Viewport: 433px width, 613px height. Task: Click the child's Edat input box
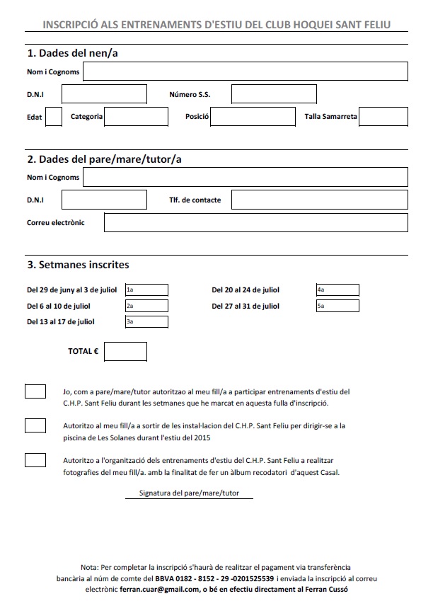(53, 116)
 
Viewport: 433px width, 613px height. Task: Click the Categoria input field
(136, 116)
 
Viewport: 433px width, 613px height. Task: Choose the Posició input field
(253, 116)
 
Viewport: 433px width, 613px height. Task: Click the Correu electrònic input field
(256, 222)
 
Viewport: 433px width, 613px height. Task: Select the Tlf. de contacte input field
(320, 200)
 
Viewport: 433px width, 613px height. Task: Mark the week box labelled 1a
(146, 290)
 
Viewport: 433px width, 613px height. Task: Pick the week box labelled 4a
(337, 290)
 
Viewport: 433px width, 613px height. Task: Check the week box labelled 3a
(146, 322)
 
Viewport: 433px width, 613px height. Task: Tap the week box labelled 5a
(337, 306)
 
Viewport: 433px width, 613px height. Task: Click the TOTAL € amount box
(125, 351)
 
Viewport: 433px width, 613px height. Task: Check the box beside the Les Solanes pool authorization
(35, 425)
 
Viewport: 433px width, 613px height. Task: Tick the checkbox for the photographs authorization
(35, 460)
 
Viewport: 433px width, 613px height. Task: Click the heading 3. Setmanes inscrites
(78, 265)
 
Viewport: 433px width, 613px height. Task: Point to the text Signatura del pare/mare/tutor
(189, 492)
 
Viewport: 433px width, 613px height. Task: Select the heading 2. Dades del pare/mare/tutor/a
(104, 159)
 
